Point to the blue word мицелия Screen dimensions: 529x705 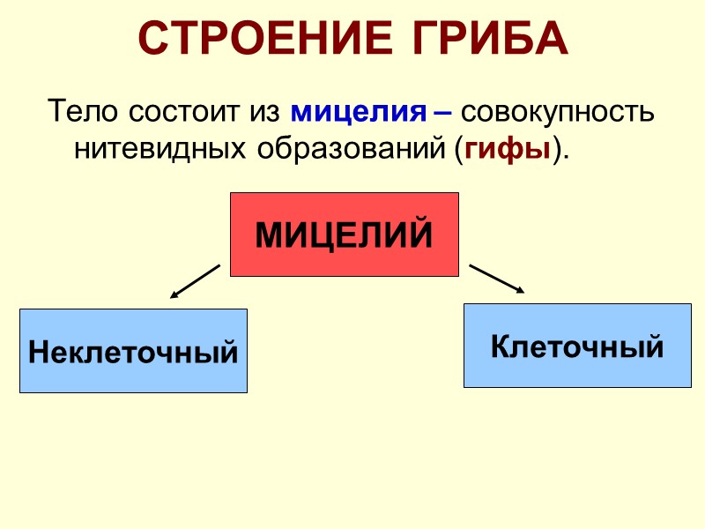tap(352, 113)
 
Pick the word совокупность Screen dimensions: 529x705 tap(557, 113)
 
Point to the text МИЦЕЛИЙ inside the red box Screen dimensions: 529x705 tap(344, 235)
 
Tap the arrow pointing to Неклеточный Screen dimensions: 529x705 tap(195, 281)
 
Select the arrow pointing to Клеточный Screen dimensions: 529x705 tap(497, 278)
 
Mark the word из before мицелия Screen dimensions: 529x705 tap(265, 113)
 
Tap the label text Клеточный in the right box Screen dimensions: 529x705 tap(577, 346)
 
